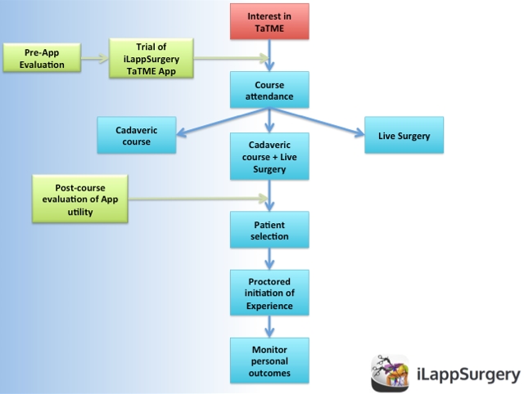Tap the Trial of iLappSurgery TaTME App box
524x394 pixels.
pos(151,59)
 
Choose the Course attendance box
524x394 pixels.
pos(270,91)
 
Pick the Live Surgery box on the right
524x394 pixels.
pos(404,134)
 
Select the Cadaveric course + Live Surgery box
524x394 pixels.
pos(270,157)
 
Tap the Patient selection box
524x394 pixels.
pos(270,230)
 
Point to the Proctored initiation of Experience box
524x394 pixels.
pos(270,292)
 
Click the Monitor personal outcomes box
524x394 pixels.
pos(270,360)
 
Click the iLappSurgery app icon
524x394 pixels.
pos(391,374)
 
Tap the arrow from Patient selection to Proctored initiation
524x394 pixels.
pos(270,258)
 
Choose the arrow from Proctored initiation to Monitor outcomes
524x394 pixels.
pos(270,326)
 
